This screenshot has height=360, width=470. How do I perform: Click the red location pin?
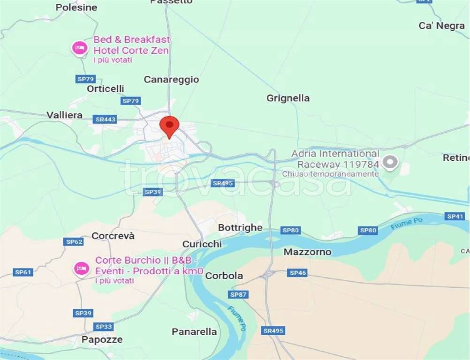tap(169, 126)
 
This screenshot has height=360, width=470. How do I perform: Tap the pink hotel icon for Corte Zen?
tap(79, 48)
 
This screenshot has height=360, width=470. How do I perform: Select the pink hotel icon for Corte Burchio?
tap(82, 269)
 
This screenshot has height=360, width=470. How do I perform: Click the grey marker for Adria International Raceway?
tap(390, 162)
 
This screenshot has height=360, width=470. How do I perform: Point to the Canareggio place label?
tap(171, 80)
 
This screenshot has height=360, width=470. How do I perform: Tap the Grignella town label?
tap(288, 98)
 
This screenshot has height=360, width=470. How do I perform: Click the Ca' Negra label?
tap(441, 26)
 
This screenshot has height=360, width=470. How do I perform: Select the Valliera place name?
tap(65, 115)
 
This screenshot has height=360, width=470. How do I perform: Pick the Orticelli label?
tap(106, 89)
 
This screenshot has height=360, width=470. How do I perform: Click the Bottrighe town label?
tap(240, 227)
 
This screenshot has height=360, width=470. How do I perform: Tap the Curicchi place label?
tap(202, 244)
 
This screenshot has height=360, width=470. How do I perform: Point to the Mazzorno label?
tap(307, 252)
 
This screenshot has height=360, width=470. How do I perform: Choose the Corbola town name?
tap(224, 276)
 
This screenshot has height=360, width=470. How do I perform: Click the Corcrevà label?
tap(113, 236)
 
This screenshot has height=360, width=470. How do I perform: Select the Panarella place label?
tap(194, 332)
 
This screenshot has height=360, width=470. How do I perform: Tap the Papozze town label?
tap(102, 339)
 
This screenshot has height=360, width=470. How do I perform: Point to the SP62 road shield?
tap(74, 242)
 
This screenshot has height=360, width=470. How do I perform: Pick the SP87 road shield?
tap(238, 295)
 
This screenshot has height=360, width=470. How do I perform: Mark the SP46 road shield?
tap(297, 273)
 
